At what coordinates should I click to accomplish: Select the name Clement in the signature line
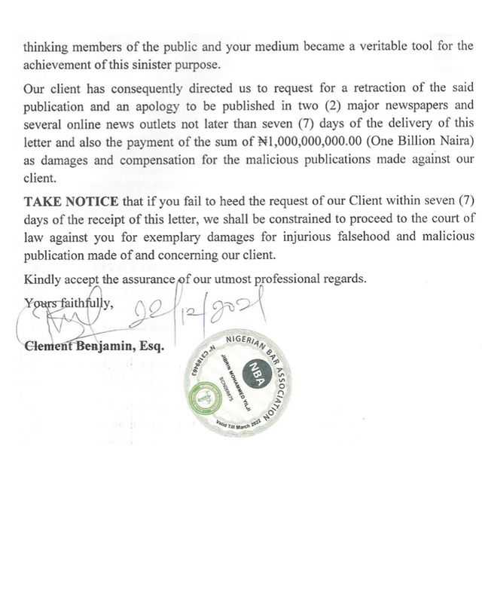[50, 348]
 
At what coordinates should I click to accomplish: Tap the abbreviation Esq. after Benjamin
[154, 348]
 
